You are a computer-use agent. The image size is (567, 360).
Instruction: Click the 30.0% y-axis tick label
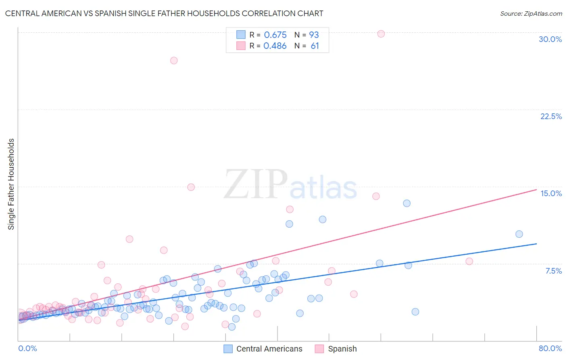pyautogui.click(x=550, y=39)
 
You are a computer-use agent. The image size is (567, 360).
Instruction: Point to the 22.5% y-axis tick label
pyautogui.click(x=551, y=116)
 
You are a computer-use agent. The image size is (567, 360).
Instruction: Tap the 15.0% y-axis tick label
pyautogui.click(x=551, y=193)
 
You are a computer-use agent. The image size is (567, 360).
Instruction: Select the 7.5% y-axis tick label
pyautogui.click(x=553, y=271)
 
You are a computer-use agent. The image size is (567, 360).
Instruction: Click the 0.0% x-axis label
pyautogui.click(x=27, y=348)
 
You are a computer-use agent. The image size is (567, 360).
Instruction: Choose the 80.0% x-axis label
pyautogui.click(x=550, y=348)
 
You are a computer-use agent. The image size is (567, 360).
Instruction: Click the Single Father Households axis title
pyautogui.click(x=11, y=184)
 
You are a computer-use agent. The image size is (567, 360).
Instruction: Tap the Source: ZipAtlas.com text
pyautogui.click(x=531, y=13)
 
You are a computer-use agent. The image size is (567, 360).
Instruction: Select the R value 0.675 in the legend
pyautogui.click(x=275, y=35)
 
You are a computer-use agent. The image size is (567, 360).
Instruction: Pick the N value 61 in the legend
pyautogui.click(x=315, y=46)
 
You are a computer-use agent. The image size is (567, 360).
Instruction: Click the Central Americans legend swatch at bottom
pyautogui.click(x=228, y=349)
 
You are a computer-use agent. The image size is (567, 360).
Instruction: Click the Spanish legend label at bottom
pyautogui.click(x=342, y=349)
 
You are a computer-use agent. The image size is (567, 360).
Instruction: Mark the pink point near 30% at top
pyautogui.click(x=381, y=34)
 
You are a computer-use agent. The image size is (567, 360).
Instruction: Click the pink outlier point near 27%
pyautogui.click(x=174, y=61)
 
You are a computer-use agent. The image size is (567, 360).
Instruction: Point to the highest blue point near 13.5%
pyautogui.click(x=406, y=203)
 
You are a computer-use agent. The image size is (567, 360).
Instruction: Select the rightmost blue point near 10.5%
pyautogui.click(x=519, y=234)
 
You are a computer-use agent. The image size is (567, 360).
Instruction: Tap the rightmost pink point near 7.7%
pyautogui.click(x=469, y=261)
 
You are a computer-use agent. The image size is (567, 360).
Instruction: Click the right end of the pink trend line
pyautogui.click(x=536, y=189)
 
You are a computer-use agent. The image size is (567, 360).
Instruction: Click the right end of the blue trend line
pyautogui.click(x=536, y=244)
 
